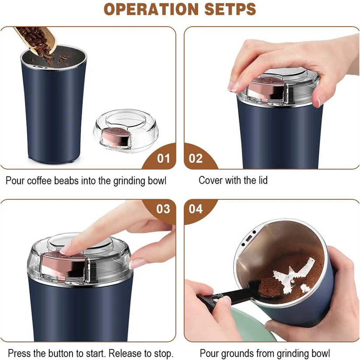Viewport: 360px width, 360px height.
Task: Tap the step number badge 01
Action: [163, 158]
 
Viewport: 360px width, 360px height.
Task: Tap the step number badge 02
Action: [196, 158]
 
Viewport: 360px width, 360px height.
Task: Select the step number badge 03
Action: [163, 209]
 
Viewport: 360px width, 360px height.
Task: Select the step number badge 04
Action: [196, 209]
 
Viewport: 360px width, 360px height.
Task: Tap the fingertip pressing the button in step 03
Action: [66, 250]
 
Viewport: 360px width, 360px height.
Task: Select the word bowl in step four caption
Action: [320, 353]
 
